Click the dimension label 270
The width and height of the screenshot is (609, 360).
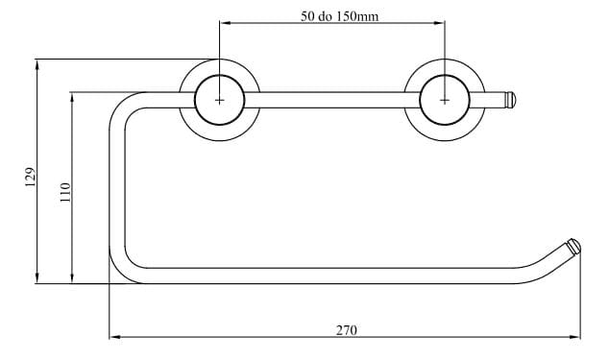[346, 330]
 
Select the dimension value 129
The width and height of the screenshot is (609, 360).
[31, 177]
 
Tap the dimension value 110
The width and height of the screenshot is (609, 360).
[65, 192]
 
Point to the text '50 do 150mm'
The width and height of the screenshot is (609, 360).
[339, 16]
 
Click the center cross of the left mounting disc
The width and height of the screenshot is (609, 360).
[219, 100]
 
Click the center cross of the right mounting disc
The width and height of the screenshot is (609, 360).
[445, 100]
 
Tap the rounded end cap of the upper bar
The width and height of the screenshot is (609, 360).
[510, 100]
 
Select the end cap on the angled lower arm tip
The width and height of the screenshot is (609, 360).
[573, 246]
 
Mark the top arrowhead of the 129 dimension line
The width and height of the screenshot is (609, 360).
[37, 64]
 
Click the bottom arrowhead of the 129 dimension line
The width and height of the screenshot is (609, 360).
[37, 278]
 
